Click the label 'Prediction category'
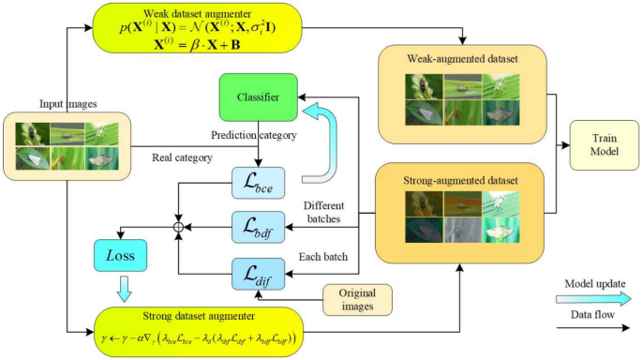point(259,135)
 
